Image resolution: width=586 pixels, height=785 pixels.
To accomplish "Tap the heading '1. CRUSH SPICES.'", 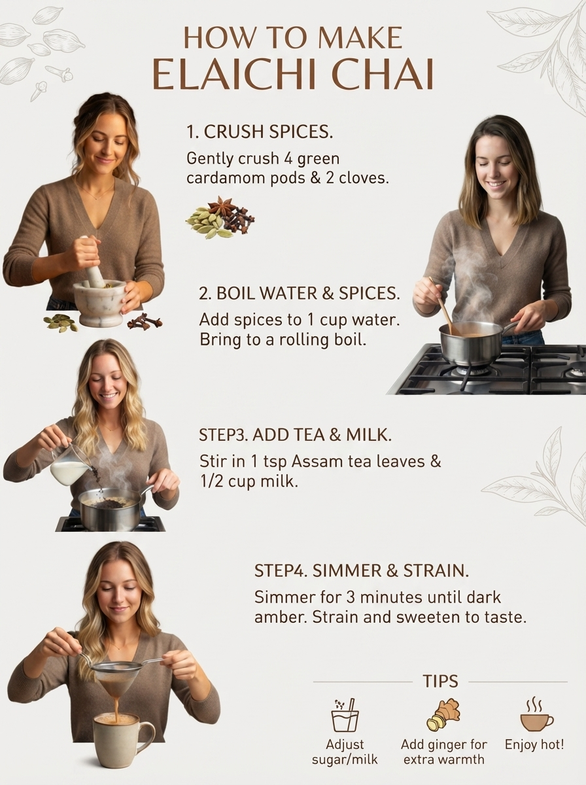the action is point(260,132).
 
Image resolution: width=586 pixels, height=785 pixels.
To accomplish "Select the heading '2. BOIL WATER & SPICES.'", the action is point(300,293).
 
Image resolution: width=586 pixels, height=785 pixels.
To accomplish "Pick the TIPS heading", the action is point(440,681).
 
